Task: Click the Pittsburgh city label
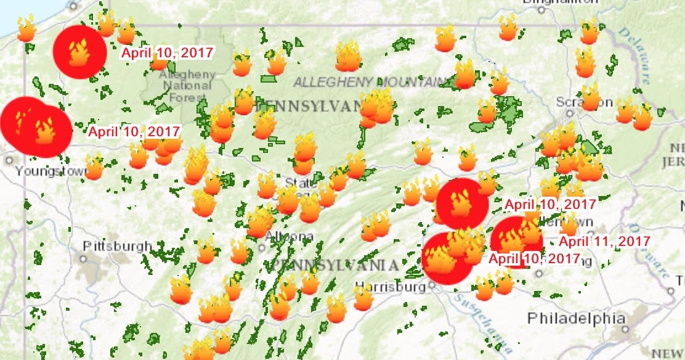(x=117, y=246)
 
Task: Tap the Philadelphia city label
(x=576, y=319)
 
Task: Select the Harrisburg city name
(x=391, y=287)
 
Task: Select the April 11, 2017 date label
(x=604, y=241)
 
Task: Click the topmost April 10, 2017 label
(x=167, y=53)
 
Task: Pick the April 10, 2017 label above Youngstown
(x=134, y=131)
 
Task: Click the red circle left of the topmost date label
(x=79, y=52)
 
